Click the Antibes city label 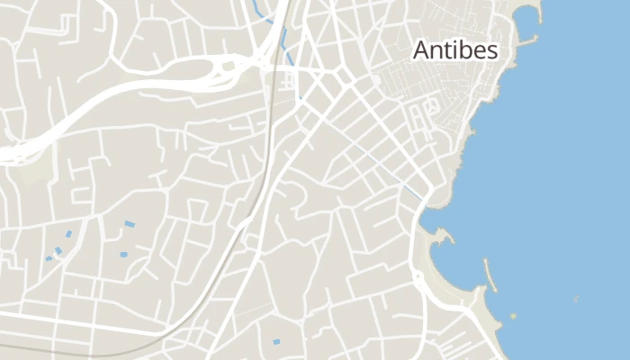[x=454, y=50]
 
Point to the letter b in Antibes [x=462, y=50]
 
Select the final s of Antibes [x=492, y=52]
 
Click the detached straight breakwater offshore [x=490, y=269]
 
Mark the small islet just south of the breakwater [x=514, y=315]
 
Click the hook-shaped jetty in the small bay [x=442, y=236]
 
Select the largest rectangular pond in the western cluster [x=130, y=223]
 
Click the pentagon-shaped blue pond [x=123, y=255]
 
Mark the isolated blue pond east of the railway [x=276, y=341]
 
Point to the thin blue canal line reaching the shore [x=412, y=190]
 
